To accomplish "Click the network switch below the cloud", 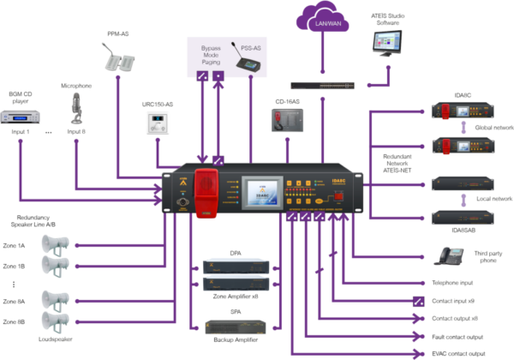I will click(x=322, y=85).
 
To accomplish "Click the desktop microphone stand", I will click(x=76, y=110).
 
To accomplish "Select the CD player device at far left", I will click(x=20, y=117).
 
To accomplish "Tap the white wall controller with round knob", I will click(x=156, y=122).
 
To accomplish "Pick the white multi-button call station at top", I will click(x=117, y=57).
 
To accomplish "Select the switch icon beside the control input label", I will click(x=417, y=301).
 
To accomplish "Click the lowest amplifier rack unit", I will click(x=236, y=326).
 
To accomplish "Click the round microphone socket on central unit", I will click(x=181, y=204).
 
